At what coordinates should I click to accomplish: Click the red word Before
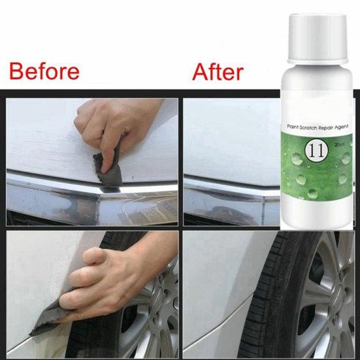(44, 71)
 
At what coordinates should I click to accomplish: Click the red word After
(218, 72)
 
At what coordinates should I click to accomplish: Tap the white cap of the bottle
(318, 39)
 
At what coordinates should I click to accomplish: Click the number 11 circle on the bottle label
(316, 151)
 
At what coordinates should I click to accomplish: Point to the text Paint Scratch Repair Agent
(318, 127)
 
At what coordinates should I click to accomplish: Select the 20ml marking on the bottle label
(340, 144)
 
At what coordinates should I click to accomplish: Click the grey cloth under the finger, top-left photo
(108, 170)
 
